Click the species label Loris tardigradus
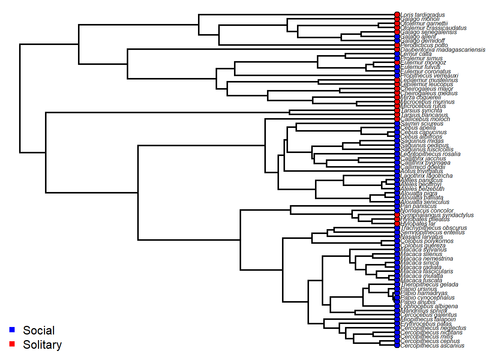coord(423,15)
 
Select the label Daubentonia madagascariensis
coord(443,49)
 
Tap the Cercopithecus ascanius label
coord(432,345)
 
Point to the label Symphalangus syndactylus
coord(437,215)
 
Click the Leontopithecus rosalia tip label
coord(430,154)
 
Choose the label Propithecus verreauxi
coord(429,76)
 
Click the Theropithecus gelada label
coord(429,284)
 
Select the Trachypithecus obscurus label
coord(434,228)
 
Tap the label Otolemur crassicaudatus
coord(433,28)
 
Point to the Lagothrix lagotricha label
coord(426,175)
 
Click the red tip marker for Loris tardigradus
coord(397,15)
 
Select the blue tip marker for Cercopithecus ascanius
coord(397,345)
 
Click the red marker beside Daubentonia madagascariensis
coord(397,49)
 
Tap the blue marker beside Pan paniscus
coord(397,206)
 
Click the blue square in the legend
coord(12,330)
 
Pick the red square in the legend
coord(12,344)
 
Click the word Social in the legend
coord(39,330)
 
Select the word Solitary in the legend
coord(42,345)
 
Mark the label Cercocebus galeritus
coord(429,315)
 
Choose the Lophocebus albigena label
coord(429,306)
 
